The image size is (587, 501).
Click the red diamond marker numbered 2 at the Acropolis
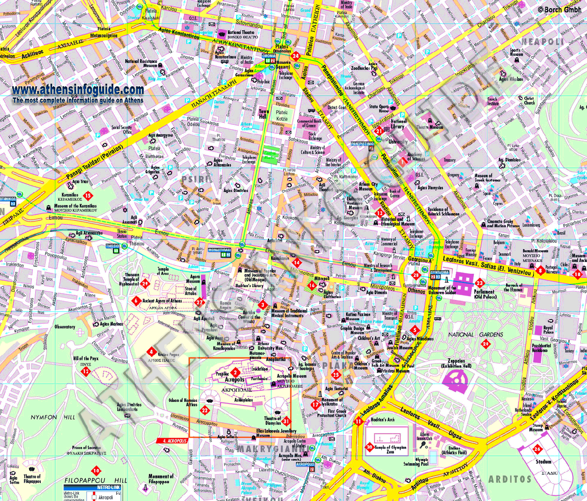235,372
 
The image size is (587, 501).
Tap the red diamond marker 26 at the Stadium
536,450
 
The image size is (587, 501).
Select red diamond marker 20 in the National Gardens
485,344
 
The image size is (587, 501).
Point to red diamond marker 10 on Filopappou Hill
96,470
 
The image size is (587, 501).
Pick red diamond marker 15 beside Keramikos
88,195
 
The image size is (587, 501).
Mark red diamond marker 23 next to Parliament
479,282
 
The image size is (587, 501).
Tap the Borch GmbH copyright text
559,9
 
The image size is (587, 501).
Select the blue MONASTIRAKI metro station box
220,251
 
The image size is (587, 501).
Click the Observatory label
65,326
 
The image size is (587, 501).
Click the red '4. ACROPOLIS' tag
172,440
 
